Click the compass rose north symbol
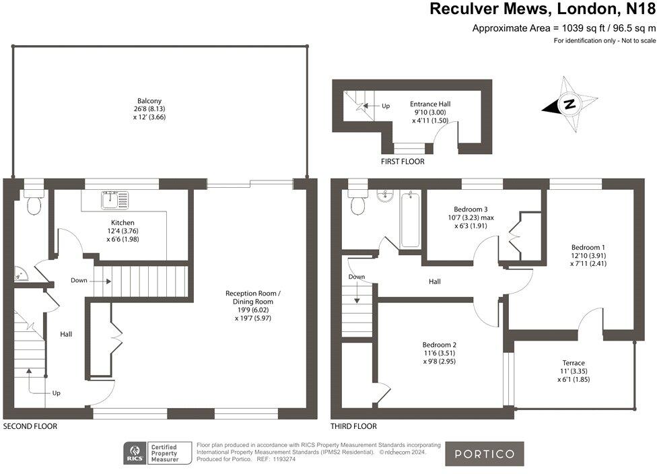569,104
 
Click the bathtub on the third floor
409,219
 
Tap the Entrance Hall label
430,104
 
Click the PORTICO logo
485,454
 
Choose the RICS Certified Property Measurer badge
152,452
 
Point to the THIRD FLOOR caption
353,426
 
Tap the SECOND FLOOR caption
30,426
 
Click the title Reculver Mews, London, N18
542,9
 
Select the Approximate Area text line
563,28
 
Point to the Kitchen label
123,222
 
